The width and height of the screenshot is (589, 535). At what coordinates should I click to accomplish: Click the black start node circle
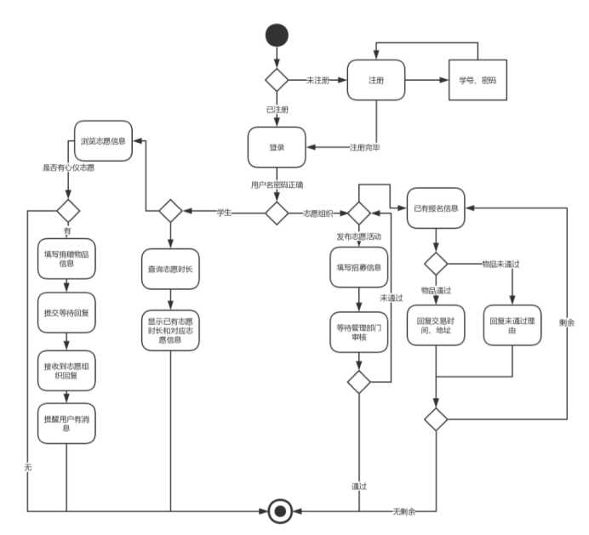click(277, 35)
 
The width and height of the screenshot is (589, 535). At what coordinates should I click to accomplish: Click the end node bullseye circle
click(277, 511)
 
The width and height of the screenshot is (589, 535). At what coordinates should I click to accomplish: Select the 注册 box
click(375, 81)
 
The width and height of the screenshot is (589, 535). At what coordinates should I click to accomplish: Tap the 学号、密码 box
click(477, 81)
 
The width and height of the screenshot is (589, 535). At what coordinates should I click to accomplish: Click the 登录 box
click(277, 147)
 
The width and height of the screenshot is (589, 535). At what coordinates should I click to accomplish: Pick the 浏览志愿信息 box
click(104, 141)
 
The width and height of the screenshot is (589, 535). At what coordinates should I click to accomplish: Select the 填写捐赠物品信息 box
click(66, 259)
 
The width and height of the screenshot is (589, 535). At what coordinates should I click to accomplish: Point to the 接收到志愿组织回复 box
click(66, 369)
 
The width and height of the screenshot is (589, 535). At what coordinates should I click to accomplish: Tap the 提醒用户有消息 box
click(66, 423)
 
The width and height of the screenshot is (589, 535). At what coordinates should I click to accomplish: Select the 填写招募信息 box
click(359, 267)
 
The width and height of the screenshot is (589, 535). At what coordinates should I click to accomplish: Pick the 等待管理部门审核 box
click(359, 331)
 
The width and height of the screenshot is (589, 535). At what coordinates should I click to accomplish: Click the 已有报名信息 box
click(436, 209)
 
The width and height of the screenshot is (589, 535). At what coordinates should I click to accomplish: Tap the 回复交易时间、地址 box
click(436, 323)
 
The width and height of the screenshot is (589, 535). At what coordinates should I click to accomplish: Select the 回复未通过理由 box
click(512, 323)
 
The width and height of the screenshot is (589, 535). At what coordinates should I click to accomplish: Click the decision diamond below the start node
click(277, 80)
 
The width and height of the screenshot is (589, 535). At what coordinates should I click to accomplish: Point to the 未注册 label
click(318, 80)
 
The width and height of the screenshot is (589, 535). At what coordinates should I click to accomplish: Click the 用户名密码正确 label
click(277, 184)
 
